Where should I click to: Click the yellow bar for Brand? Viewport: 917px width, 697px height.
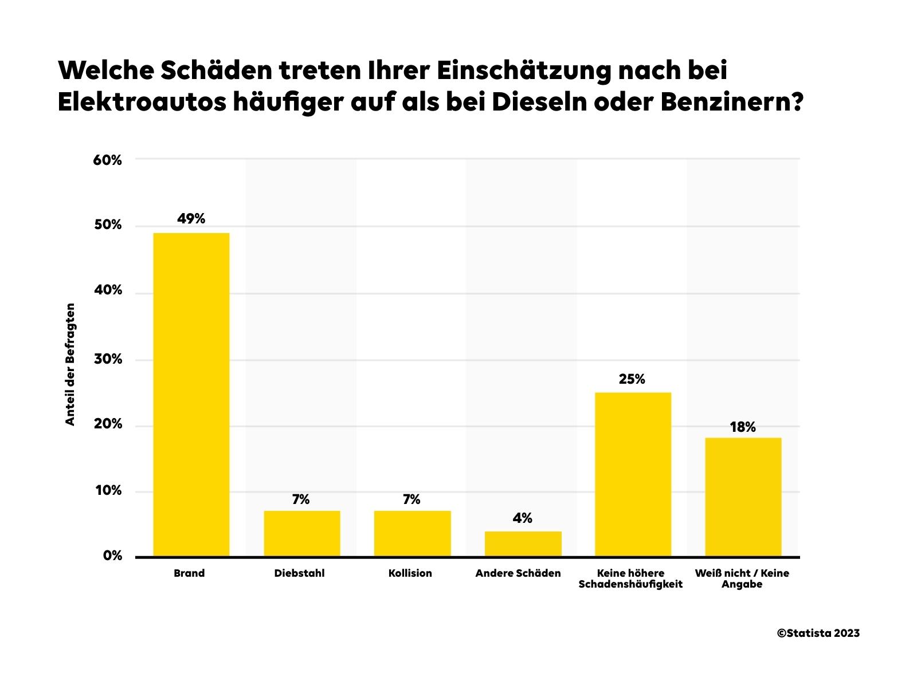tap(191, 395)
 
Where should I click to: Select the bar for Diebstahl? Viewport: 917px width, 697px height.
tap(301, 533)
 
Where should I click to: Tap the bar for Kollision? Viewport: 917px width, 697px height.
tap(412, 533)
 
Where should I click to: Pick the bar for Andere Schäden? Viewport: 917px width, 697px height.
tap(523, 544)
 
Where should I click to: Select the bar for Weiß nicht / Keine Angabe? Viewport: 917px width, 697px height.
tap(743, 497)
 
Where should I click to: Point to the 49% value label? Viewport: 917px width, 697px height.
tap(191, 219)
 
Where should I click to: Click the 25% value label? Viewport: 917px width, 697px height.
tap(632, 379)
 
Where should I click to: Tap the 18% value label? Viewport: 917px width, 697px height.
tap(742, 427)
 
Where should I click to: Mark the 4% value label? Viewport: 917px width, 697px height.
tap(522, 518)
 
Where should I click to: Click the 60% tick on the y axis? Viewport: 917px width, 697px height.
tap(107, 160)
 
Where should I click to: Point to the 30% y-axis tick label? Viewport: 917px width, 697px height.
tap(108, 359)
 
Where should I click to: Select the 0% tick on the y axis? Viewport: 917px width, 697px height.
tap(112, 556)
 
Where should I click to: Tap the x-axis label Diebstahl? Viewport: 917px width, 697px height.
tap(299, 573)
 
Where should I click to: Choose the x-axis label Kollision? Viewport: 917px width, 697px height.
tap(410, 573)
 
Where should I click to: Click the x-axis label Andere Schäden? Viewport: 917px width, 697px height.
tap(518, 573)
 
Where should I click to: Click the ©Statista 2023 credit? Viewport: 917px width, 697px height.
tap(818, 633)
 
